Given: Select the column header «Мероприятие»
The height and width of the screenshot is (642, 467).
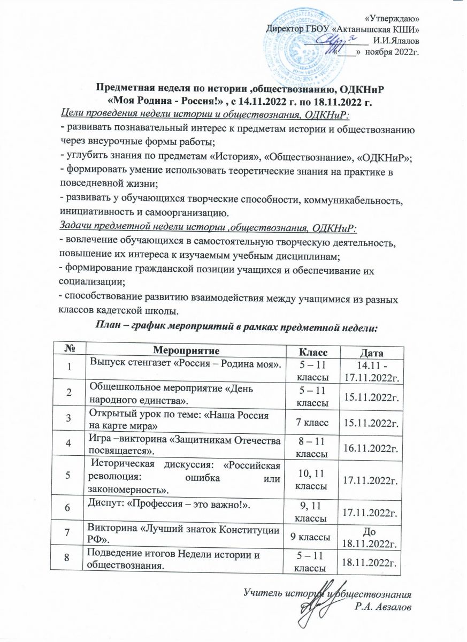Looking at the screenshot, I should coord(184,350).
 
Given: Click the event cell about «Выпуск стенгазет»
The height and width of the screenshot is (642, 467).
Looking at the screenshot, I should coord(185,364).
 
